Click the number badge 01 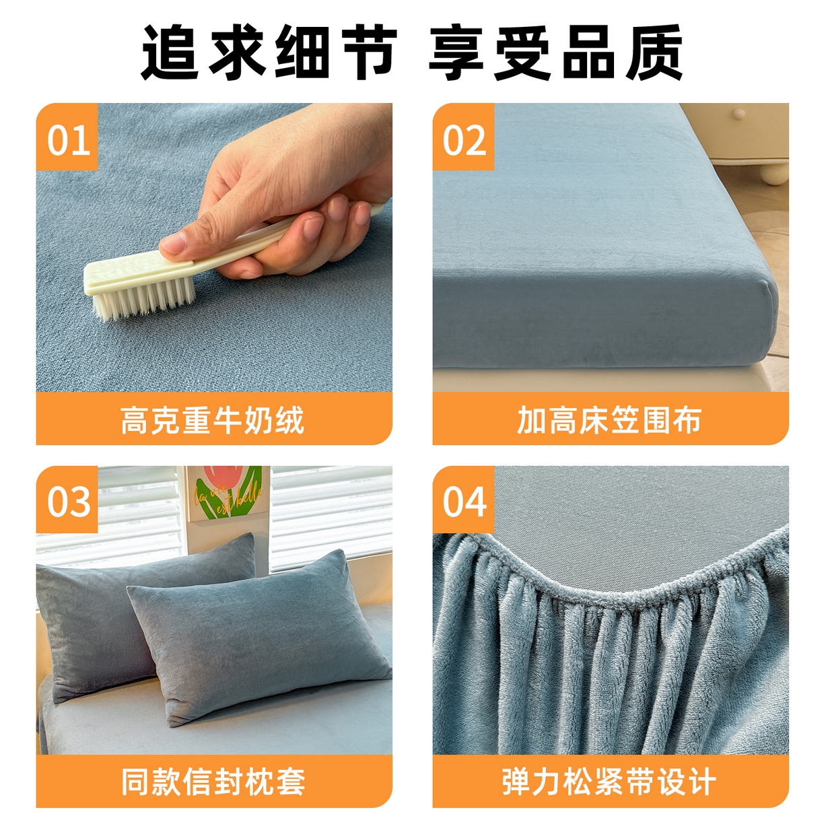[x=67, y=137]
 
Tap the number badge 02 [x=464, y=137]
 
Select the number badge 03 [x=67, y=500]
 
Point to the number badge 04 [x=464, y=500]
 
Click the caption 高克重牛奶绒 [x=213, y=421]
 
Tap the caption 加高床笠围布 [x=609, y=421]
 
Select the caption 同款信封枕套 [x=213, y=782]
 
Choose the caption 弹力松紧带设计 [x=609, y=782]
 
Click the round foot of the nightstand [x=774, y=173]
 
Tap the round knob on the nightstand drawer [x=739, y=114]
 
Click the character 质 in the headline [x=654, y=53]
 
